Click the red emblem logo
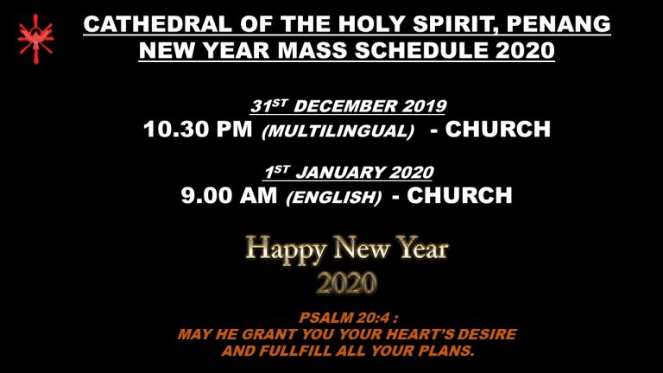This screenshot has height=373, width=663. coord(36,39)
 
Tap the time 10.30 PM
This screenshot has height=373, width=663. coord(198,129)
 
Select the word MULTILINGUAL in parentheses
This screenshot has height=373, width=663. coord(338,130)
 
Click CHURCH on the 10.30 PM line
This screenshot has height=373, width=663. coord(497,129)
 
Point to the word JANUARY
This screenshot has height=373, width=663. coord(340,173)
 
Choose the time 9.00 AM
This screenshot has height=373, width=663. coord(229,195)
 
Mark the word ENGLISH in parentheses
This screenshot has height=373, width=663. coord(334,198)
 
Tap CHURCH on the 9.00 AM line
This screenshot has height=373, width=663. coord(459,195)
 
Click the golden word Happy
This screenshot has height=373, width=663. coord(286,250)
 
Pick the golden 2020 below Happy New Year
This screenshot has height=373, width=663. coord(347,283)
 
